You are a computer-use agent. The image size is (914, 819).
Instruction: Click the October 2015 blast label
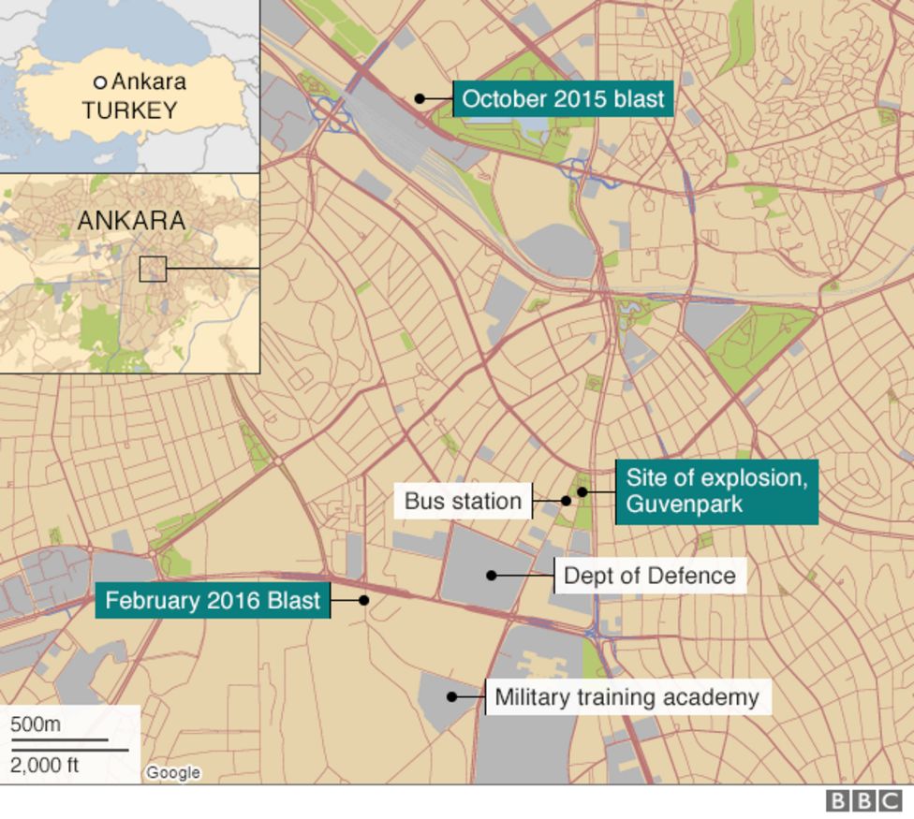[x=563, y=98]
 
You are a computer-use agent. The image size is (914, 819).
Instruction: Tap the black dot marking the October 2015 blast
[x=420, y=98]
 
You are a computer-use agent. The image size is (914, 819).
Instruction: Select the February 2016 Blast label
[x=213, y=600]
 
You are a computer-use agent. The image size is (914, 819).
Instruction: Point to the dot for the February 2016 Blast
[x=364, y=600]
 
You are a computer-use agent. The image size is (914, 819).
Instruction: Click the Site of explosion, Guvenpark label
[x=716, y=491]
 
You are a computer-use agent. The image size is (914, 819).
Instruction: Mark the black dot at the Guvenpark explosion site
[x=582, y=491]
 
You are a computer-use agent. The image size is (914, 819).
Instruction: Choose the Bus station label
[x=463, y=501]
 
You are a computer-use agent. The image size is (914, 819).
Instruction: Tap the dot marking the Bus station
[x=566, y=501]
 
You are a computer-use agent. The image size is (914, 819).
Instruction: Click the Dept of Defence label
[x=650, y=575]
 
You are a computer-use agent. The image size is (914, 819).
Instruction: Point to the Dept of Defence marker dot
[x=491, y=575]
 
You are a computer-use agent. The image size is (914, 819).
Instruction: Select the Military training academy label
[x=627, y=697]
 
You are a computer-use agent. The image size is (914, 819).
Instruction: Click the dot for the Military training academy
[x=451, y=696]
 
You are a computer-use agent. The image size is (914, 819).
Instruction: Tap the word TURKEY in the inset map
[x=129, y=110]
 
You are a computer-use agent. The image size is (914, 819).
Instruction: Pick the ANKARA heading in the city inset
[x=131, y=221]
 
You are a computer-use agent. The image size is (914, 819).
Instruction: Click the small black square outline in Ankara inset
[x=153, y=269]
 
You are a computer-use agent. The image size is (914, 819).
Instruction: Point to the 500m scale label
[x=36, y=724]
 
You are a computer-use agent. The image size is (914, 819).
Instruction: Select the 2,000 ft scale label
[x=45, y=765]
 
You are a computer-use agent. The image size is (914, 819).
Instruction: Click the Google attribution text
[x=173, y=772]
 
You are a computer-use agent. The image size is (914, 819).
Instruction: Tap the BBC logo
[x=863, y=801]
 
